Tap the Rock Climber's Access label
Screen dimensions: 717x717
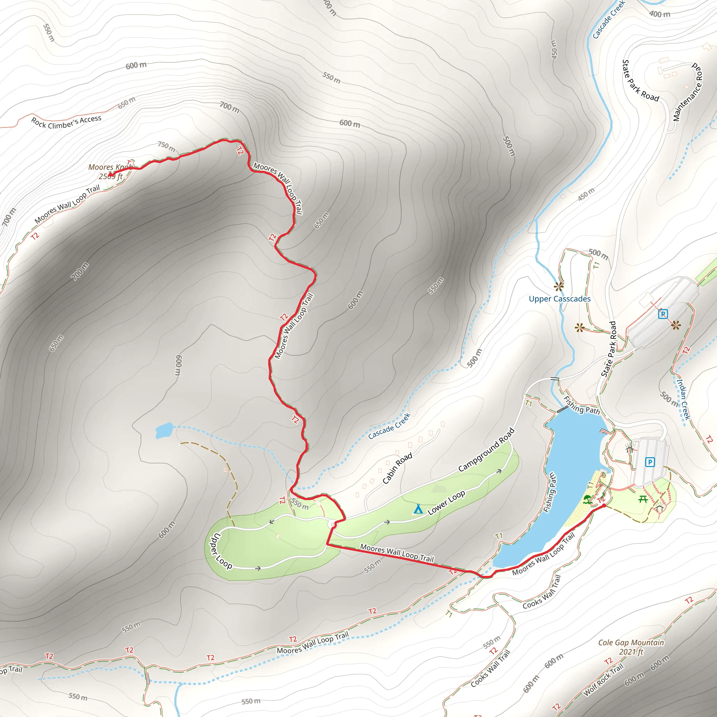tap(66, 122)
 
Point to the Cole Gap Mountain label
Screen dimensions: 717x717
tap(631, 642)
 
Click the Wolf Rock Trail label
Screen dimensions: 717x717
tap(604, 680)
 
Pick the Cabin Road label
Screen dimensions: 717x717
tap(397, 468)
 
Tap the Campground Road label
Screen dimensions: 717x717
tap(486, 450)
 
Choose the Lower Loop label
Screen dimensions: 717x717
tap(446, 502)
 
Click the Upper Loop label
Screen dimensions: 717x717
tap(222, 551)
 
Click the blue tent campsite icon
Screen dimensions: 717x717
tap(418, 509)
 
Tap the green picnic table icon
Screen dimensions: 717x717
tap(643, 499)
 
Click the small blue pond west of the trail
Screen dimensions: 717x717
tap(163, 430)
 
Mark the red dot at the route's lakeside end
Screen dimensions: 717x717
tap(604, 506)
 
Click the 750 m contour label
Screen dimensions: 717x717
tap(166, 147)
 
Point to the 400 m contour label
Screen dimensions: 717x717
tap(660, 14)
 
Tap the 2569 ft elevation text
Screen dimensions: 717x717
tap(110, 177)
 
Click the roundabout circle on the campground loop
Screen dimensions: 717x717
tap(332, 524)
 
